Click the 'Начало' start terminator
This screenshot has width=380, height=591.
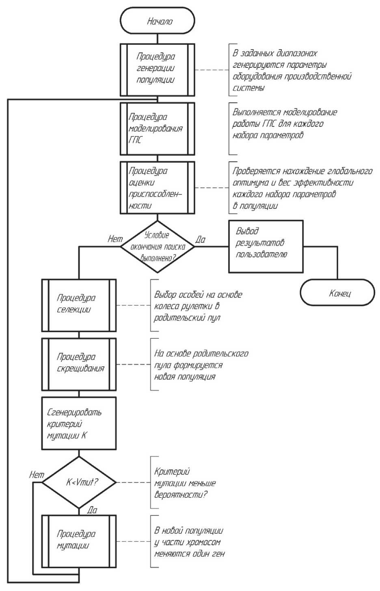pyautogui.click(x=158, y=21)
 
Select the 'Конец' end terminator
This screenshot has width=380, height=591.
pyautogui.click(x=337, y=293)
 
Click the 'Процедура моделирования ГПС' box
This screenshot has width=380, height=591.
pyautogui.click(x=158, y=128)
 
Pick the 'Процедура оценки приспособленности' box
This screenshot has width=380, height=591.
pyautogui.click(x=158, y=188)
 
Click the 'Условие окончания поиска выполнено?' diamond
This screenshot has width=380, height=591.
pyautogui.click(x=158, y=247)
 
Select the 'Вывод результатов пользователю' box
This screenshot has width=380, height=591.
pyautogui.click(x=266, y=246)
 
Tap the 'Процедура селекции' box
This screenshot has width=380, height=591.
pyautogui.click(x=79, y=305)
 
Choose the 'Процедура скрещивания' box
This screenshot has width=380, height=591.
pyautogui.click(x=79, y=364)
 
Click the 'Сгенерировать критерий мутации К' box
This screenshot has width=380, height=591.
pyautogui.click(x=79, y=423)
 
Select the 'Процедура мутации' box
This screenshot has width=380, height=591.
pyautogui.click(x=79, y=541)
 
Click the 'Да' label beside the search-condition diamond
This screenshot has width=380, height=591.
pyautogui.click(x=201, y=240)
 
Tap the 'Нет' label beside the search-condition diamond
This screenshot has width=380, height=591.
pyautogui.click(x=115, y=239)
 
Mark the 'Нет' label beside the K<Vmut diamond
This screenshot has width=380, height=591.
pyautogui.click(x=37, y=474)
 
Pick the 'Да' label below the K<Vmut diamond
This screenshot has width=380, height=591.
pyautogui.click(x=92, y=511)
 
